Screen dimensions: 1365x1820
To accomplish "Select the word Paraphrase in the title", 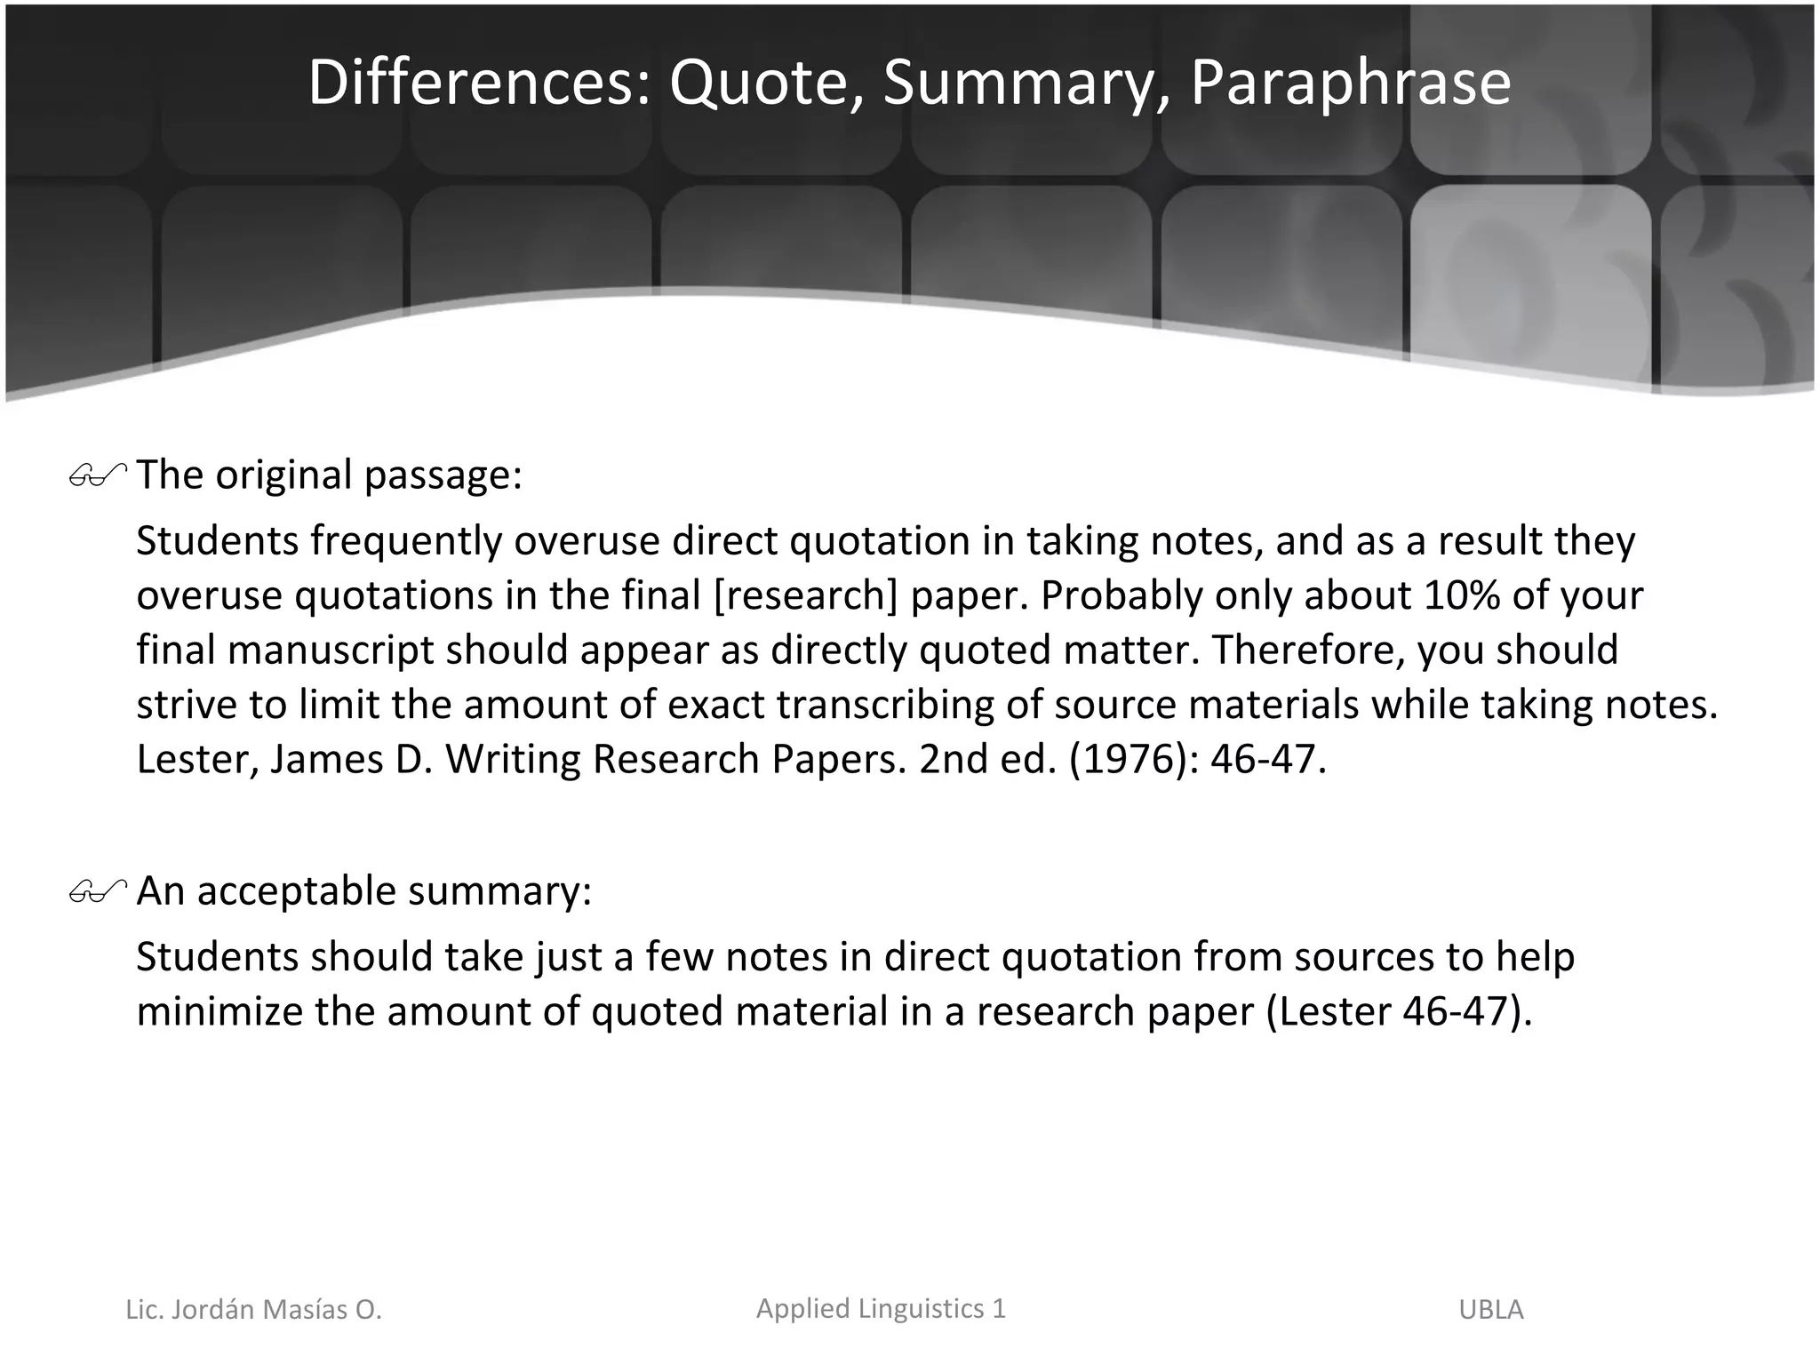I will tap(1350, 82).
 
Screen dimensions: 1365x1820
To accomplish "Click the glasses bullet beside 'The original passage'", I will tap(97, 477).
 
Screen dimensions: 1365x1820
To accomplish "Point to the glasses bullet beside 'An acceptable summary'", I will tap(97, 892).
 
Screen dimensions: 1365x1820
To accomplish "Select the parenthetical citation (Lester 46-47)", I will tap(1399, 1011).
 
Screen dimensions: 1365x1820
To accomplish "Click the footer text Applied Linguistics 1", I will tap(881, 1308).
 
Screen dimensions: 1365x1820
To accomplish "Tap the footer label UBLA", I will tap(1490, 1310).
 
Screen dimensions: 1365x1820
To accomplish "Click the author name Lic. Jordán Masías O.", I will tap(253, 1310).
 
